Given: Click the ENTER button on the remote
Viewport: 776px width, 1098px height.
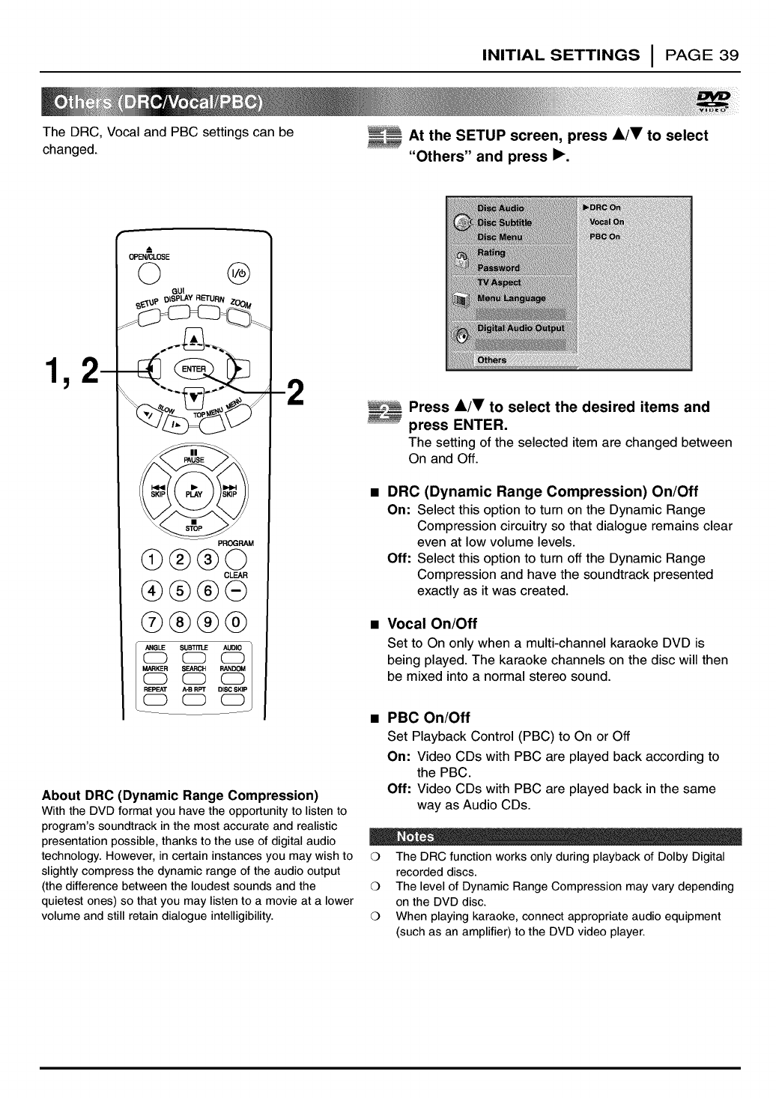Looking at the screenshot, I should [x=193, y=369].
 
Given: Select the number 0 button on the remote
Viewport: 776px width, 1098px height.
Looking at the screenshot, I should [x=236, y=622].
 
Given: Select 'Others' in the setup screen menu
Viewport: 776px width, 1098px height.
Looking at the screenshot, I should [x=492, y=360].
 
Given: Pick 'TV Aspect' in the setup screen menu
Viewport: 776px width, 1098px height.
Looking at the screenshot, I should [x=500, y=282].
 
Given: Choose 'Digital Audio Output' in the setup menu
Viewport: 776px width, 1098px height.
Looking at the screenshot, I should [x=521, y=328].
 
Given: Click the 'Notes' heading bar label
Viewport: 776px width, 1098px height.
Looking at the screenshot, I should [x=414, y=837].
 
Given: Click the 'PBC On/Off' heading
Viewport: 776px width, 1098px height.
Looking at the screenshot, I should [x=428, y=718].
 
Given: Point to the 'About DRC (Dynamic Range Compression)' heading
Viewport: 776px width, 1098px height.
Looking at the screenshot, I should [x=181, y=795].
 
